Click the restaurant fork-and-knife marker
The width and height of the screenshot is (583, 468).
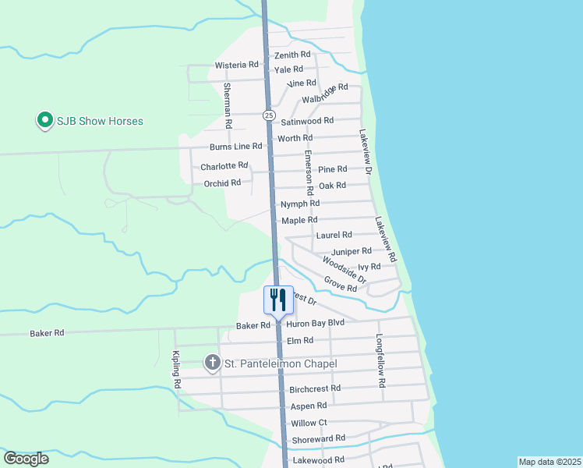tap(278, 300)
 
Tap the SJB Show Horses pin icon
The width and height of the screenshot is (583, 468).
tap(44, 121)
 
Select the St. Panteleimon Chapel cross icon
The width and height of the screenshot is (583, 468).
tap(212, 363)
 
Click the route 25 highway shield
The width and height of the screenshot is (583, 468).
tap(269, 115)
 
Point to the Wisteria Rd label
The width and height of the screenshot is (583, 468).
tap(237, 65)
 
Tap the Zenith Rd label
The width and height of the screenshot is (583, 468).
tap(292, 55)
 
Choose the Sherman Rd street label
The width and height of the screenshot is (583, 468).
tap(228, 105)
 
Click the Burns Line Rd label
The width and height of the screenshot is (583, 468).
tap(236, 147)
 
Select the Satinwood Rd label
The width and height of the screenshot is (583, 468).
tap(307, 121)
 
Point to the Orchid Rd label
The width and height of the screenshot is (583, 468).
tap(222, 183)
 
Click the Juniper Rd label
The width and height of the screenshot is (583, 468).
tap(352, 251)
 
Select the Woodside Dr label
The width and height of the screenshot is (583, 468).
tap(344, 271)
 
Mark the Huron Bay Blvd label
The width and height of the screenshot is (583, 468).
tap(315, 323)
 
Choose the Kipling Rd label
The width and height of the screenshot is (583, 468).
tap(175, 370)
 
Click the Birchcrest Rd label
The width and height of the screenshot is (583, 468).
tap(315, 388)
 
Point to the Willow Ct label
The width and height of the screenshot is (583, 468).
tap(309, 423)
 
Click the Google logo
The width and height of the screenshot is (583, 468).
tap(26, 459)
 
